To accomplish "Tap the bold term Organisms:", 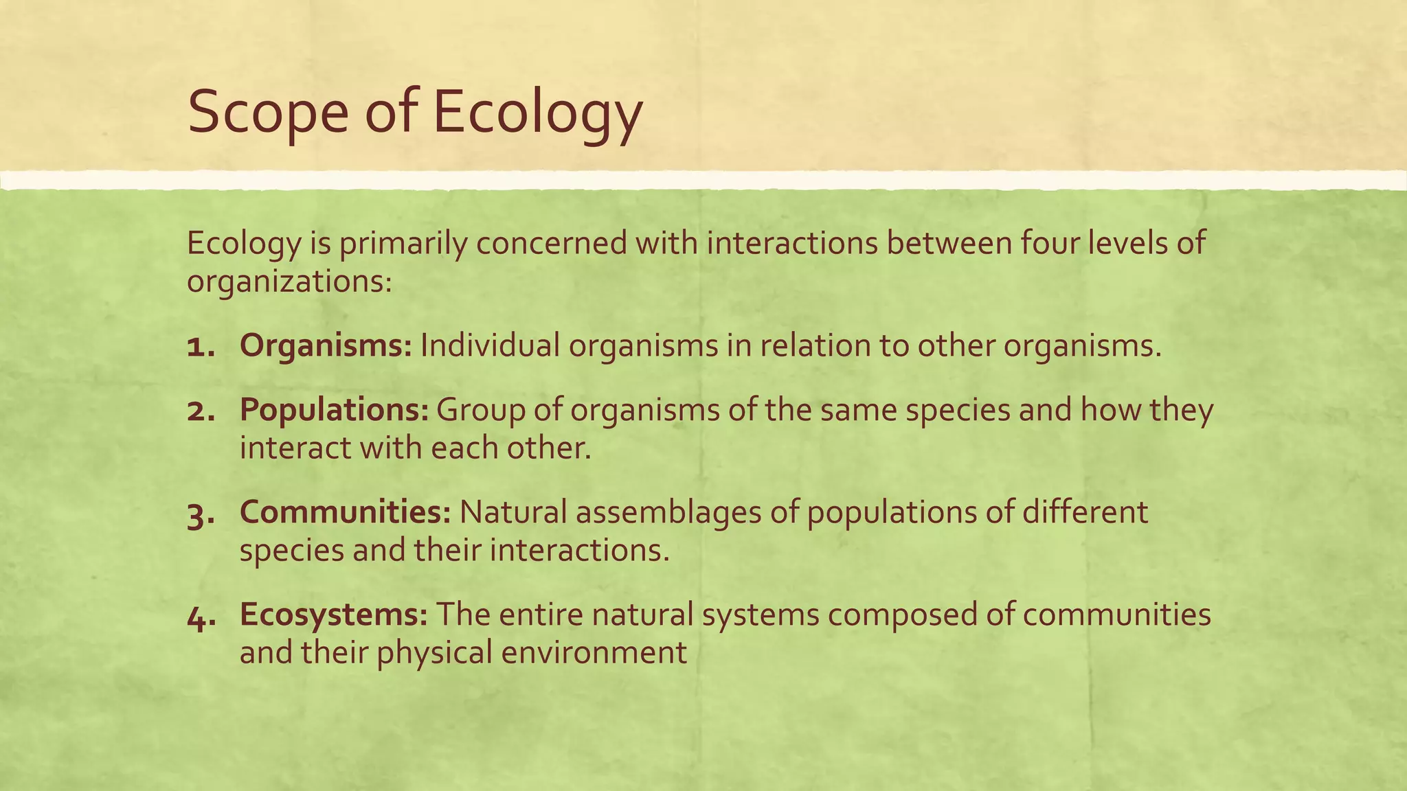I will [x=326, y=345].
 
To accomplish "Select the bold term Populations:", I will [x=334, y=410].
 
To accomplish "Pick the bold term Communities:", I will [x=345, y=512].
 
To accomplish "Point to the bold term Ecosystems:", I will [x=334, y=615].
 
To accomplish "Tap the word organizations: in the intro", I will [x=289, y=282].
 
